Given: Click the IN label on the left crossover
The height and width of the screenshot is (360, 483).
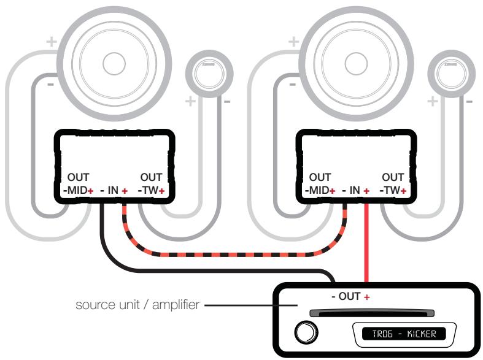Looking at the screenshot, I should point(114,191).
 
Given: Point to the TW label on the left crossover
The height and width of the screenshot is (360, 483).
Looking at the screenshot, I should point(150,191).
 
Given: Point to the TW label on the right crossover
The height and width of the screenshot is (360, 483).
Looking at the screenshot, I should point(392,191).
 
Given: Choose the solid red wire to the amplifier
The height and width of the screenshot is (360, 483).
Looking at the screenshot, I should point(366,245).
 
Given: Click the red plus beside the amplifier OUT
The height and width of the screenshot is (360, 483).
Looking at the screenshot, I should point(368,297).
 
